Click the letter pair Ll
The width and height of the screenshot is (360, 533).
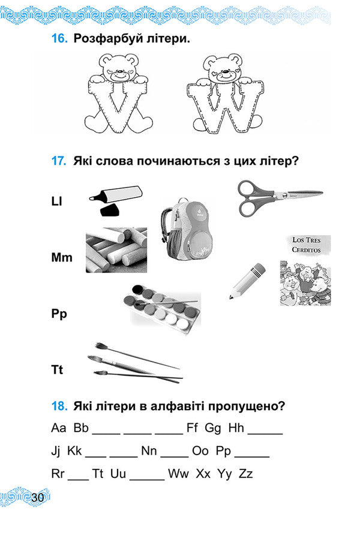coord(58,201)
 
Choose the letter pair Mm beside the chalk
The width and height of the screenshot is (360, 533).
coord(61,258)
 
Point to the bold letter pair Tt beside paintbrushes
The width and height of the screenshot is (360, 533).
coord(57,370)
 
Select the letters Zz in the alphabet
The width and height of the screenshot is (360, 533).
coord(246,474)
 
